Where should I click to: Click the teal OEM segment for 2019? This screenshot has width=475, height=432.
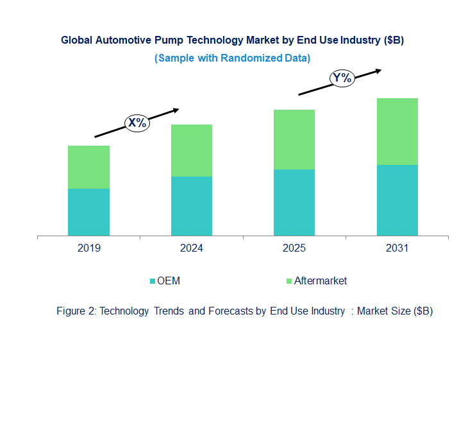tap(88, 212)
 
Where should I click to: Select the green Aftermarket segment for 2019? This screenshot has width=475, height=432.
tap(88, 167)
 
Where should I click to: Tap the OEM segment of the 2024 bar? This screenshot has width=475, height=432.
tap(191, 206)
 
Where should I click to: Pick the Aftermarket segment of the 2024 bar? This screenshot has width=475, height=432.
tap(191, 150)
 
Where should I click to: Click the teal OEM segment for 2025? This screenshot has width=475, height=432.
tap(294, 202)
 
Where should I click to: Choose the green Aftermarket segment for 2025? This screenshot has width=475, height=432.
tap(294, 139)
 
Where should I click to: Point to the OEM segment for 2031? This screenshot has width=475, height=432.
tap(397, 200)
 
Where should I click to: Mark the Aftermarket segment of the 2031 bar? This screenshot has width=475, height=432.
tap(397, 132)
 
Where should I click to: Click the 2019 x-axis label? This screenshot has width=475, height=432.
tap(88, 248)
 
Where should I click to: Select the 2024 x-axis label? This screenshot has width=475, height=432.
tap(191, 248)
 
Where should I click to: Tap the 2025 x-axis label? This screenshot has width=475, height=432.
tap(294, 248)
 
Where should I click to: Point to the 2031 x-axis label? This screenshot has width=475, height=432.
tap(397, 248)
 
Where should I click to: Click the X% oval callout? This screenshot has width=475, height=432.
tap(137, 123)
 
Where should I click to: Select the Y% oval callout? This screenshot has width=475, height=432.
tap(342, 78)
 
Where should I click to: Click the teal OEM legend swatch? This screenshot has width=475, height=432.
tap(153, 281)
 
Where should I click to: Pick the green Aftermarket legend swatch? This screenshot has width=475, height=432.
tap(288, 281)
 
